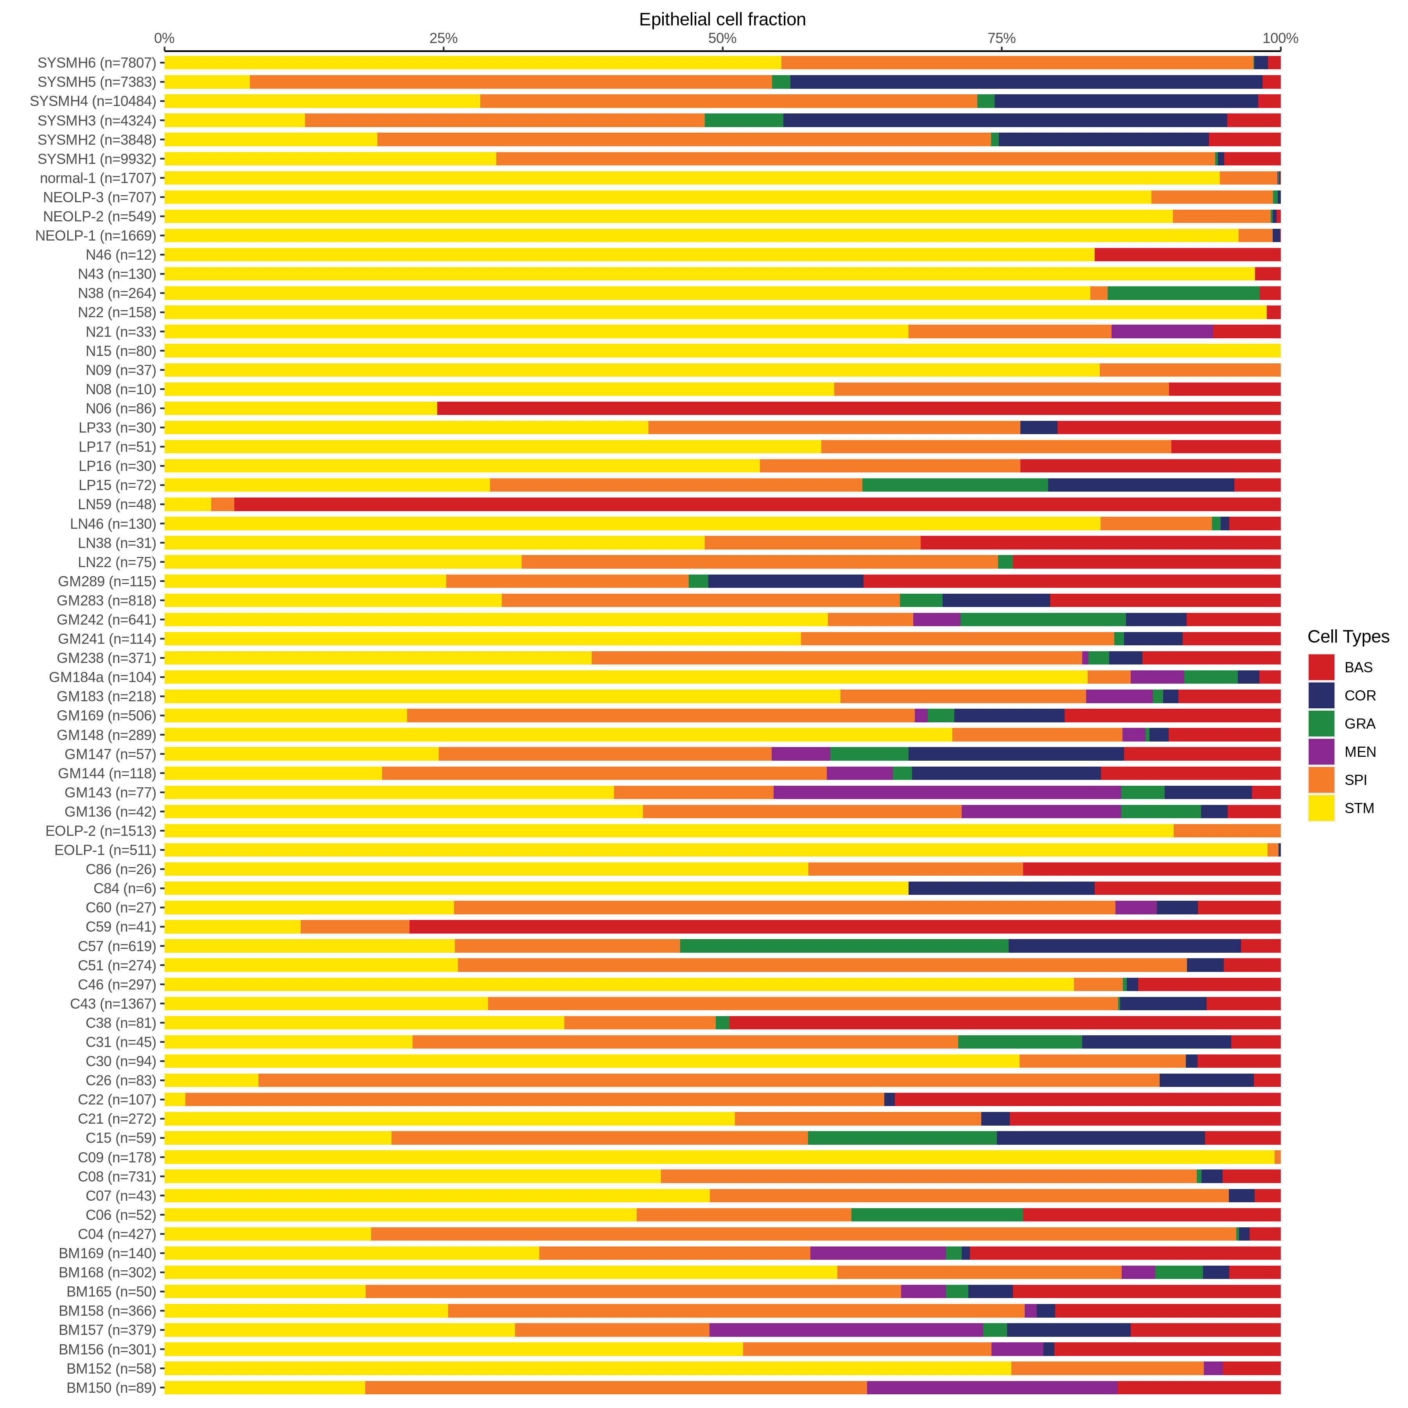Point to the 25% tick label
click(443, 39)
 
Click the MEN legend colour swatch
click(1320, 751)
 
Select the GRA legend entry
click(1359, 724)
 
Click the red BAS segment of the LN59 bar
click(756, 504)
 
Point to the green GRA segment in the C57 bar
click(844, 946)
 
